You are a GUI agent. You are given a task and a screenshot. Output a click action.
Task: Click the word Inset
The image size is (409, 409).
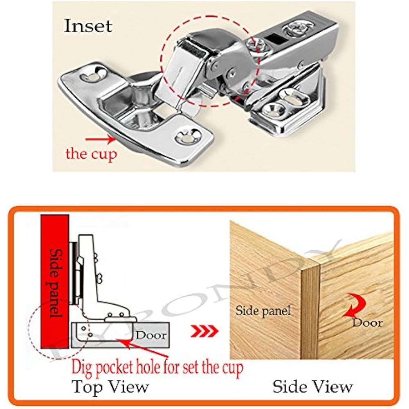(88, 26)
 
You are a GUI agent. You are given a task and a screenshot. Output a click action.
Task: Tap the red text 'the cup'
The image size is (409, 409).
(91, 154)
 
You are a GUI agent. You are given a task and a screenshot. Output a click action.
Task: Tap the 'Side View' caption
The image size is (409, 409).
(312, 386)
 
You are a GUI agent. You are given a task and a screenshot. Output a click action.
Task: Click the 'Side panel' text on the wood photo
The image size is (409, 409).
(263, 310)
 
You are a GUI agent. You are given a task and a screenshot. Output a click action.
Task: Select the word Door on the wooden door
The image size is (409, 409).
(367, 323)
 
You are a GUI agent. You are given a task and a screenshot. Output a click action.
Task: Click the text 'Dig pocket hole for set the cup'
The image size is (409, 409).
(157, 368)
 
